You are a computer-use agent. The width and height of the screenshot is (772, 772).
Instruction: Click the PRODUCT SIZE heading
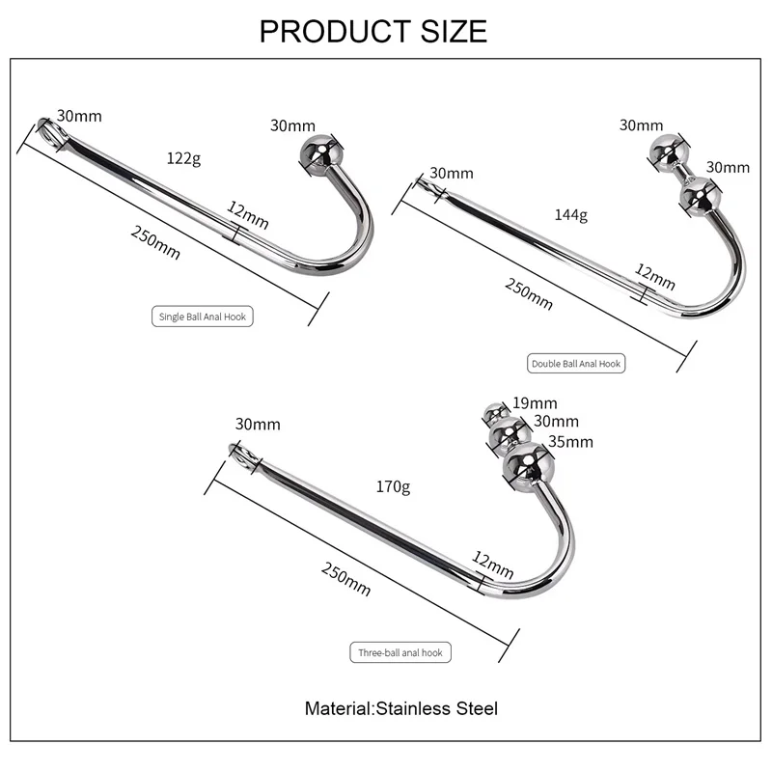[373, 31]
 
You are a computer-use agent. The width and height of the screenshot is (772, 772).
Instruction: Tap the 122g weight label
[184, 158]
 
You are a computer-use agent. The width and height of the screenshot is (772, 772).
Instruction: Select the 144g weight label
[570, 214]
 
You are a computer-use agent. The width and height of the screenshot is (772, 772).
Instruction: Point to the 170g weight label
[393, 487]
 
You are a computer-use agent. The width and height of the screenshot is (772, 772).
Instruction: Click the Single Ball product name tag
[203, 316]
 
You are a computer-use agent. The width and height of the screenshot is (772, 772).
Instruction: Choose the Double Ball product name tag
[576, 364]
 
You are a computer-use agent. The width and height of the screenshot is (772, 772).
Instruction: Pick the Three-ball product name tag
[400, 652]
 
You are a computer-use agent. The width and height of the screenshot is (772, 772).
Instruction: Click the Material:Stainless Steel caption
[401, 708]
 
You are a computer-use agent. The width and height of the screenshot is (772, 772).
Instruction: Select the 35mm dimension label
[570, 442]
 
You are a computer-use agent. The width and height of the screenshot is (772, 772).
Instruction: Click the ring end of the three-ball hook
[239, 452]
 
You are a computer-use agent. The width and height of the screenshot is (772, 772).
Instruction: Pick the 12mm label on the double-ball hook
[655, 273]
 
